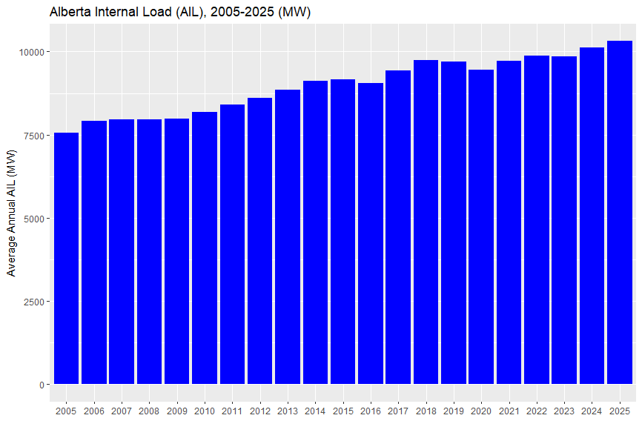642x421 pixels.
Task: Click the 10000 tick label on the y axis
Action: point(30,52)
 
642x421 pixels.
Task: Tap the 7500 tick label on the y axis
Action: point(33,136)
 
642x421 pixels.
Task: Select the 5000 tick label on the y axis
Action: point(33,219)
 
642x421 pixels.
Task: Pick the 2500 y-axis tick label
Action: point(33,302)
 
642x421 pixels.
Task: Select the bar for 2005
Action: point(66,259)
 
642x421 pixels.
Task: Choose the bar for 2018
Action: point(426,222)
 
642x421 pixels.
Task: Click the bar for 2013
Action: point(288,237)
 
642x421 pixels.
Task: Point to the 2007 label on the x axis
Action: point(122,411)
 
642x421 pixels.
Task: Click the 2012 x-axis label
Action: point(260,411)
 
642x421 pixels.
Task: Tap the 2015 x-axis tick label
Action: point(343,411)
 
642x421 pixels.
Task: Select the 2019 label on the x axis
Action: point(454,411)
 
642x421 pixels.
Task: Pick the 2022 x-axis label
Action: point(537,411)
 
